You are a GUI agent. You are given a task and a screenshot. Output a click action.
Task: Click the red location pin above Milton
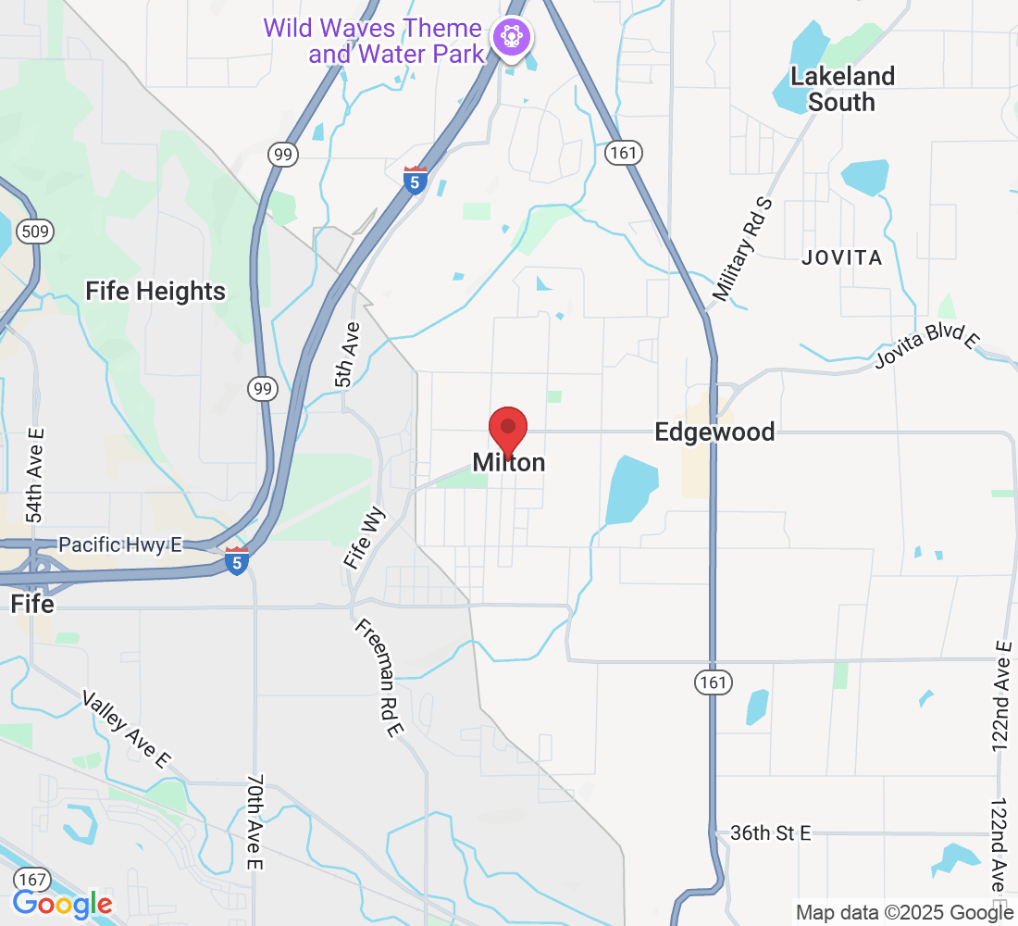coord(508,429)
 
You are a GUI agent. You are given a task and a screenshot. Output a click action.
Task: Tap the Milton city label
coord(509,462)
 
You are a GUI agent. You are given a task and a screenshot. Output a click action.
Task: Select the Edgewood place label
coord(714,432)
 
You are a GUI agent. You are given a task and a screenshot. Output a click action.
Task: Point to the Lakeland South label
coord(842,89)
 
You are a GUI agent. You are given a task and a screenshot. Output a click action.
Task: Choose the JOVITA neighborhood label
coord(842,257)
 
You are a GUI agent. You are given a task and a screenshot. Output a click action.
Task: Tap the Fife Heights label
coord(155,292)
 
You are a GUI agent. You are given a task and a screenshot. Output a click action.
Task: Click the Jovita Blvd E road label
coord(927,347)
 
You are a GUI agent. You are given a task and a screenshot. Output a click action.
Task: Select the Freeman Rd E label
coord(379,679)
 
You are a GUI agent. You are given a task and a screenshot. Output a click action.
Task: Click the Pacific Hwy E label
coord(120,545)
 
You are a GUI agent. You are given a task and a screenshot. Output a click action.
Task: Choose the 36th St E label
coord(770,833)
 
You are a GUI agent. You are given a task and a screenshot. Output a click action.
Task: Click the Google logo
coord(63,905)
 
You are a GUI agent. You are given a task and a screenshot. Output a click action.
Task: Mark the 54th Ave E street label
coord(35,475)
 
